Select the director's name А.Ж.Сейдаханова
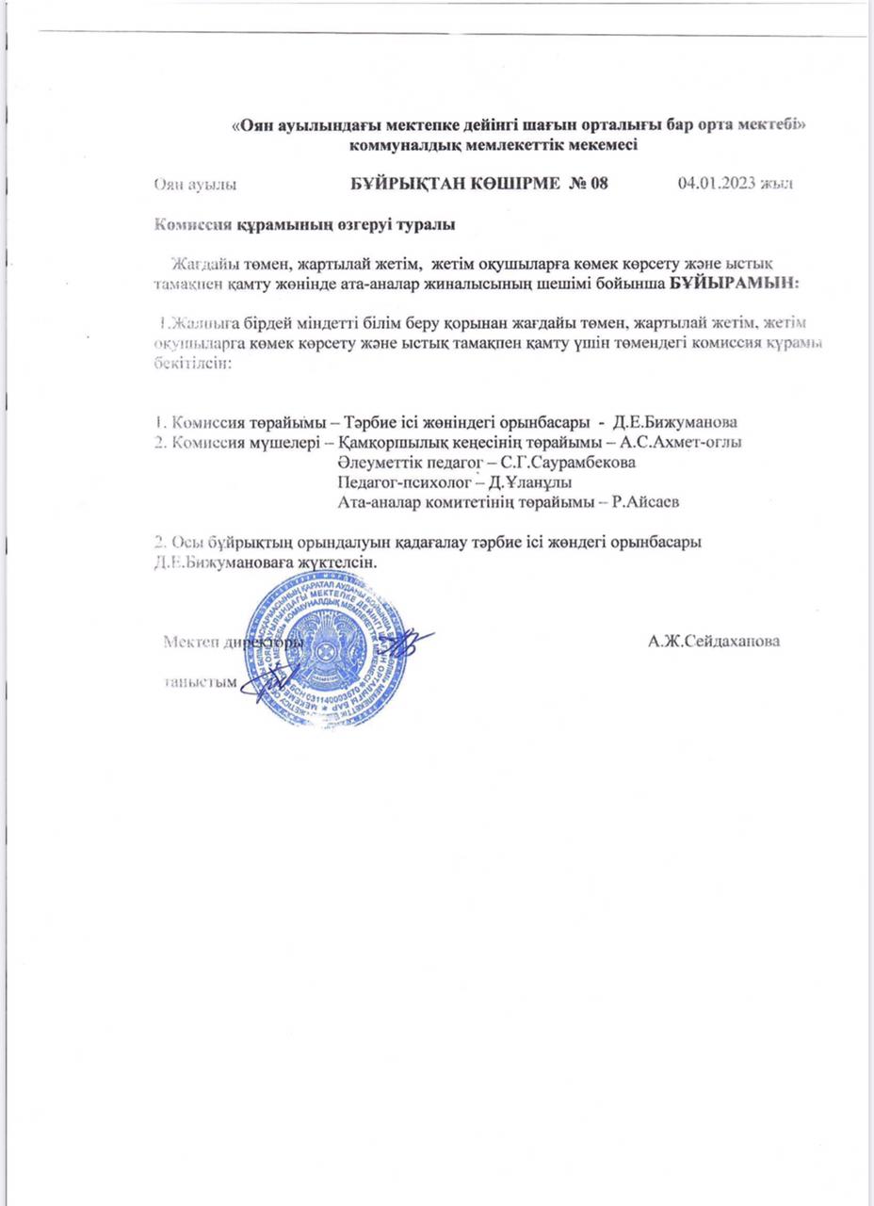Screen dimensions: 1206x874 (x=716, y=642)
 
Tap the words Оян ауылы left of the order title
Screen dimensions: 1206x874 (x=196, y=184)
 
